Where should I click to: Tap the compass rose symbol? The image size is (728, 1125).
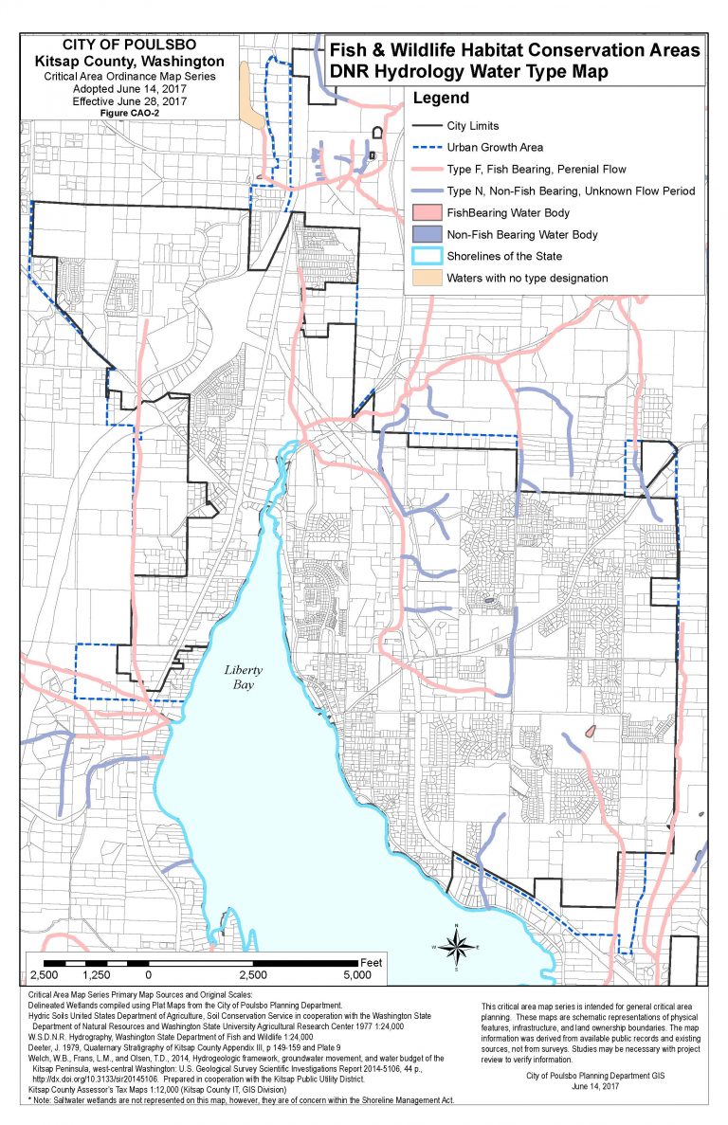[456, 946]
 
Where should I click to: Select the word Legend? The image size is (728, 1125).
[440, 98]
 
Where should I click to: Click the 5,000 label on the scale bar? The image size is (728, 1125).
[356, 975]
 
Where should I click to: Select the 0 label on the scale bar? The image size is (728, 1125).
[148, 975]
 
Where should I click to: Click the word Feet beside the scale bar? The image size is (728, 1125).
[371, 962]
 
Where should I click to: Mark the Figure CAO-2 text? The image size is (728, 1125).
[134, 113]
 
